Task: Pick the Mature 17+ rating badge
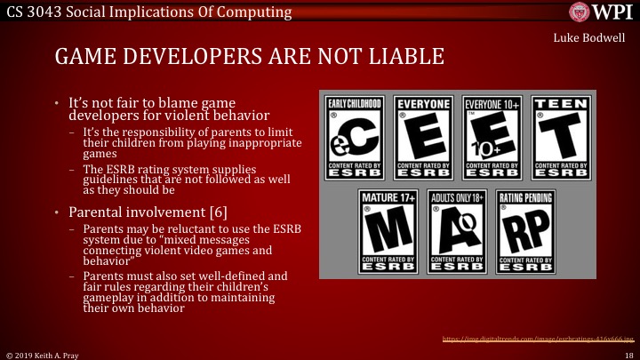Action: pos(388,230)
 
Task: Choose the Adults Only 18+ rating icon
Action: pos(457,230)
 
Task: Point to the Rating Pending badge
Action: pos(526,230)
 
